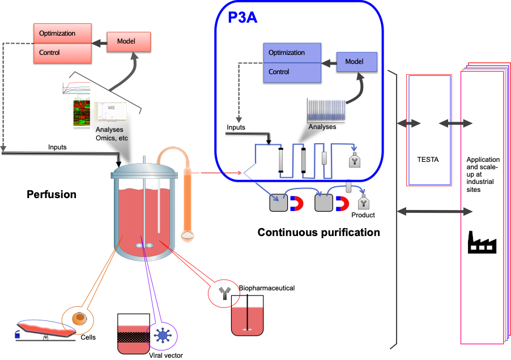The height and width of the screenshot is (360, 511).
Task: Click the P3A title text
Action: tap(242, 18)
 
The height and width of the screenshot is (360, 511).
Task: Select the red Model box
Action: tap(129, 42)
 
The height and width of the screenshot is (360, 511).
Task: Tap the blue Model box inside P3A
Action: tap(357, 62)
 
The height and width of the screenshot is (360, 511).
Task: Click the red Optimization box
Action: tap(62, 33)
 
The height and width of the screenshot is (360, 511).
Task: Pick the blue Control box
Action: tap(292, 72)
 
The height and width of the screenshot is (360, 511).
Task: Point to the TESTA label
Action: tap(428, 160)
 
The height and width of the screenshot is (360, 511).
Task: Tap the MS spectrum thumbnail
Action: tap(111, 112)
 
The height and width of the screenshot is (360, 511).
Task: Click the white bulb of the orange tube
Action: tap(187, 232)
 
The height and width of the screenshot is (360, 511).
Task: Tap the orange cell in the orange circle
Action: tap(80, 319)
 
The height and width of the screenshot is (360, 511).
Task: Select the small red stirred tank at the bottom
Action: tap(248, 321)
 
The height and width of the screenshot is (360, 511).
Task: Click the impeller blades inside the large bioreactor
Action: tap(144, 246)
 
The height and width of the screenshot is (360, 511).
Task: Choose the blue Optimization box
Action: tap(292, 53)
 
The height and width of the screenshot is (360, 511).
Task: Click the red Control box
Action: tap(62, 53)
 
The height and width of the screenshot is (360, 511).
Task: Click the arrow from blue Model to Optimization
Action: tap(329, 61)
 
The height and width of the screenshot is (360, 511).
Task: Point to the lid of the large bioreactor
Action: tap(144, 170)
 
